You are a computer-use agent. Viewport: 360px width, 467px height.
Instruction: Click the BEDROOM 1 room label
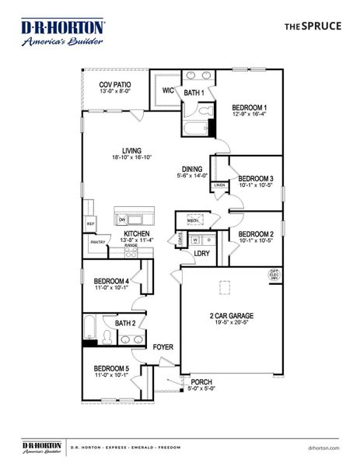coord(249,107)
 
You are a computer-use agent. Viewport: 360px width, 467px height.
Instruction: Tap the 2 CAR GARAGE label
coord(232,315)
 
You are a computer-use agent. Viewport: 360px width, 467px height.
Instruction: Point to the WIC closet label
coord(168,90)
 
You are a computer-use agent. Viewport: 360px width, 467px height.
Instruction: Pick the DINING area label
coord(192,168)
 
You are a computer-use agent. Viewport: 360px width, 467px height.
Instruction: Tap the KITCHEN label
coord(136,233)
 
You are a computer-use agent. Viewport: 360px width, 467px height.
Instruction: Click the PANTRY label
coord(97,242)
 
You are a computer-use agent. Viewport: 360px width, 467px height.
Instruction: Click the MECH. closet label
coord(193,220)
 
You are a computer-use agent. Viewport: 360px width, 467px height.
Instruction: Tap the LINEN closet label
coord(220,185)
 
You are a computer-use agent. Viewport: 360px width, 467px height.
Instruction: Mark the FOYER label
coord(163,346)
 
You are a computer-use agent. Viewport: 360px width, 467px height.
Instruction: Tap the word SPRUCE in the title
coord(323,26)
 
